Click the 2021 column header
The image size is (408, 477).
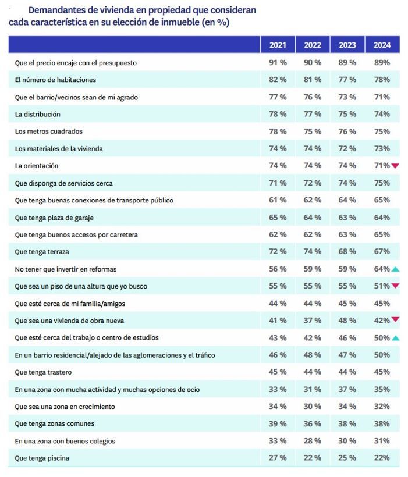coord(278,45)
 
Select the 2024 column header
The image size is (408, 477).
coord(382,45)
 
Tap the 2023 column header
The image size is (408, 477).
coord(347,45)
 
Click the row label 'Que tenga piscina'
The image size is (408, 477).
coord(42,458)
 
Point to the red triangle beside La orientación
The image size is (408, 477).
coord(395,166)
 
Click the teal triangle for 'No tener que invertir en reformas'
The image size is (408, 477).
coord(395,269)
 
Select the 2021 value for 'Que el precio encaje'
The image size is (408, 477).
coord(278,62)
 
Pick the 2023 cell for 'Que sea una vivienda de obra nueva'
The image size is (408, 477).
coord(347,321)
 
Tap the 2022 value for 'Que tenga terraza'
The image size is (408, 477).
coord(313,252)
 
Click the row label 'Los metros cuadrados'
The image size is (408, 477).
coord(48,131)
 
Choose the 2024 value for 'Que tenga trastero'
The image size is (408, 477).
coord(382,372)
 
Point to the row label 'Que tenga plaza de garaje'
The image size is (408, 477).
coord(54,218)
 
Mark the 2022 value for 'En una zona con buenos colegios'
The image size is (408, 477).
coord(313,441)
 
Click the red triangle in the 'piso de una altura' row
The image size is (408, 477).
coord(395,286)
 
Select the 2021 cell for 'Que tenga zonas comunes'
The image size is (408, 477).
coord(278,424)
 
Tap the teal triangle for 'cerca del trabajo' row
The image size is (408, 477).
coord(395,338)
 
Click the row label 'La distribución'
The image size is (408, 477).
coord(37,114)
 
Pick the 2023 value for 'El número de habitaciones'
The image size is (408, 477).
coord(347,80)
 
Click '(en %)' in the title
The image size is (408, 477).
coord(215,23)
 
